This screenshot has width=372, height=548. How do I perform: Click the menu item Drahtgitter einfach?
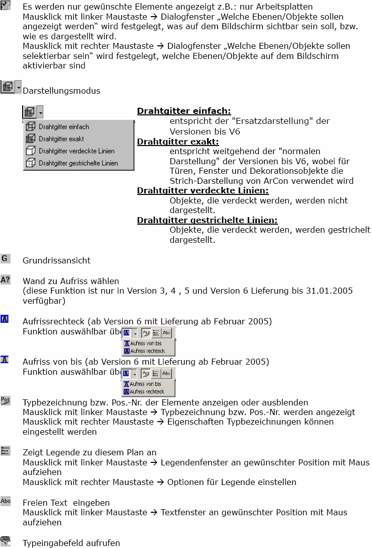point(64,127)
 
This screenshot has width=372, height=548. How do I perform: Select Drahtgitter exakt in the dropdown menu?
point(61,139)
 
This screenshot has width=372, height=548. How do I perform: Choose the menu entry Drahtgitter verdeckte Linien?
point(76,151)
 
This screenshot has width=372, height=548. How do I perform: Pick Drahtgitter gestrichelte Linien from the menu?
point(78,163)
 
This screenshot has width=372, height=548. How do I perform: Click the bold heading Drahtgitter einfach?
point(184,111)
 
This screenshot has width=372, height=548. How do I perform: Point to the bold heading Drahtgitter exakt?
point(178,142)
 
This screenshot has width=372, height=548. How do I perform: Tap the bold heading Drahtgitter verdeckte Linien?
point(203,190)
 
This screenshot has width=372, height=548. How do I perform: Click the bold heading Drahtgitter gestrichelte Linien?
point(207,220)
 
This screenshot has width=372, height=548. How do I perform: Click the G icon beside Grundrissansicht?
point(6,258)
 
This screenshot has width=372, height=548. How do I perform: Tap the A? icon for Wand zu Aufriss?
point(6,280)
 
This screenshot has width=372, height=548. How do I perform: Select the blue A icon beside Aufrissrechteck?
point(5,319)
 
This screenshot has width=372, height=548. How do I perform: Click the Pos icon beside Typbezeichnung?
point(6,400)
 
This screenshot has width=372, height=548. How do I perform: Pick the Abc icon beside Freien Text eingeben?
point(6,501)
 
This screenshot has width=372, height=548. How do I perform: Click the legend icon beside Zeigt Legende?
point(6,450)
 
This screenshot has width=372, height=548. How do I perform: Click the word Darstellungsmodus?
point(61,91)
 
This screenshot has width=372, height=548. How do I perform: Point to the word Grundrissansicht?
point(57,261)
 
